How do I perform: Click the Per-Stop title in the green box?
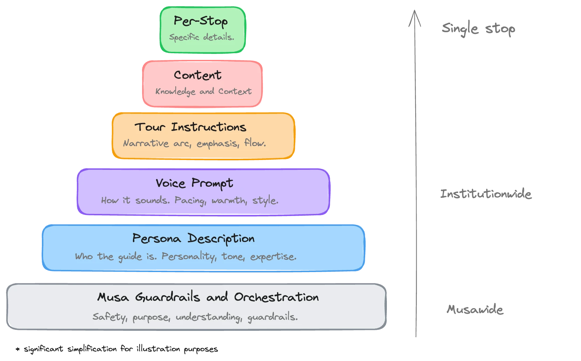coord(200,21)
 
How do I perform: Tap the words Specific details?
coord(201,37)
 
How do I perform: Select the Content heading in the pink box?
coord(198,75)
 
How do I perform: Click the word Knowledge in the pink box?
coord(175,91)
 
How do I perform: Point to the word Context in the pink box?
coord(235,91)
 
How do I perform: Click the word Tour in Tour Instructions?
coord(150,127)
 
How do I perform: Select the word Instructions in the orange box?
coord(208,127)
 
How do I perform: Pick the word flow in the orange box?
coord(254,143)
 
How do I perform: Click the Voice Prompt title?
coord(194,183)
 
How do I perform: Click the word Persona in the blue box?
coord(157,238)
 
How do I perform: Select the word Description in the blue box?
coord(221,238)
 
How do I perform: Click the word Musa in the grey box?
coord(113,297)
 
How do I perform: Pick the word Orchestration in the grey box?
coord(276,297)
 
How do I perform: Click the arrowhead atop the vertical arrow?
coord(415,18)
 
